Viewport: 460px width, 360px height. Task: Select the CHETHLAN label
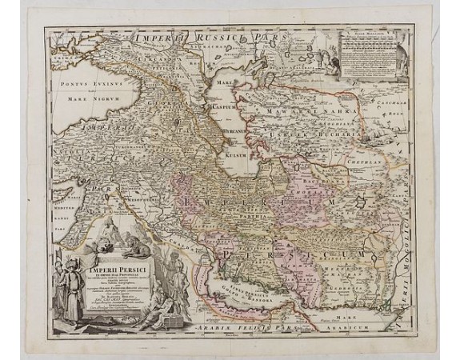coord(374,159)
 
